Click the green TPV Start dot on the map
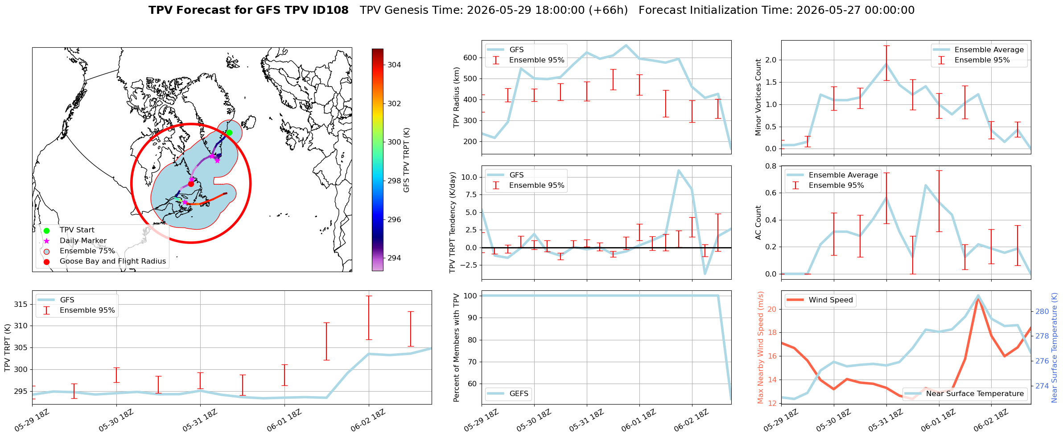(x=229, y=132)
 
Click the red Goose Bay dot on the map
(x=191, y=184)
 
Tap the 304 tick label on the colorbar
(x=394, y=65)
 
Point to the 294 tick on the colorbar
(x=394, y=258)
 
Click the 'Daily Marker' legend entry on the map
(x=83, y=241)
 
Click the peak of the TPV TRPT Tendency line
(x=678, y=170)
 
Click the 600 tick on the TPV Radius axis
(x=471, y=58)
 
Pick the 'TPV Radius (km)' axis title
(x=456, y=98)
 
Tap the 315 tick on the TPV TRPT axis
(x=21, y=305)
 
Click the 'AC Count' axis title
(x=758, y=223)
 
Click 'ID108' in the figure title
(x=330, y=10)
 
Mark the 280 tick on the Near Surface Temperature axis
(x=1042, y=312)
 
